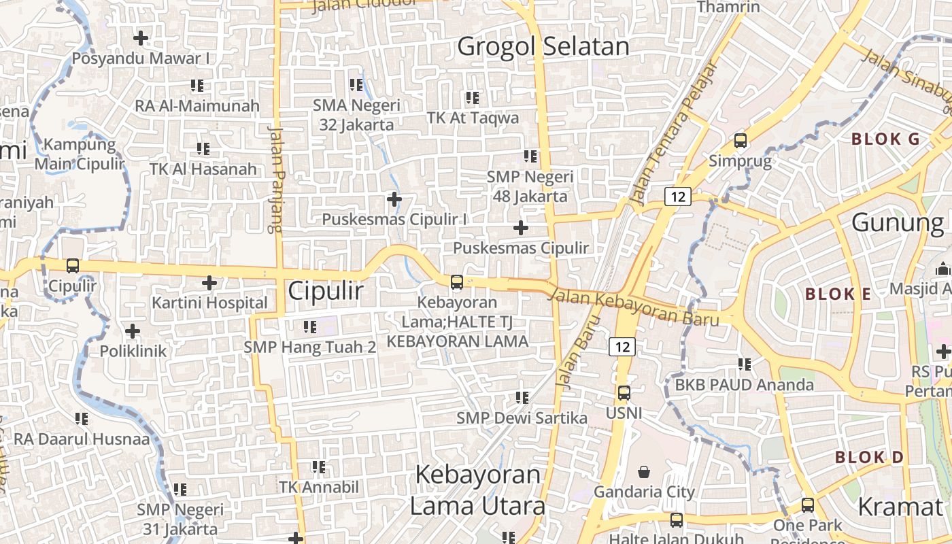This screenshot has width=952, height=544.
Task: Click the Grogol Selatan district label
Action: tap(543, 46)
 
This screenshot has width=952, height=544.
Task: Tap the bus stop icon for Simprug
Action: tap(741, 141)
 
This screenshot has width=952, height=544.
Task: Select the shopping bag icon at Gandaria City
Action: tap(644, 471)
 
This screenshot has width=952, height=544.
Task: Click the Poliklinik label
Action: tap(133, 352)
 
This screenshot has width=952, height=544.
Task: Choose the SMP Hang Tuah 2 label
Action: tap(310, 347)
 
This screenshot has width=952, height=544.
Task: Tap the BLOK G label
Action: tap(885, 139)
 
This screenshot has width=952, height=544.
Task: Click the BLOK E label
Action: tap(838, 294)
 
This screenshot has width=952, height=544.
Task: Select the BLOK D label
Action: tap(869, 457)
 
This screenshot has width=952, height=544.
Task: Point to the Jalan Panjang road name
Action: tap(275, 179)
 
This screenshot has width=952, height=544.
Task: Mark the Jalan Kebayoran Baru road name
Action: tap(633, 307)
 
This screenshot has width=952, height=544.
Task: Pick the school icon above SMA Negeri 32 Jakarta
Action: tap(356, 85)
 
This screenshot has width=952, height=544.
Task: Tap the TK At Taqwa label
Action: tap(473, 118)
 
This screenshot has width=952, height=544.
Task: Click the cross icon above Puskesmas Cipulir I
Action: tap(394, 199)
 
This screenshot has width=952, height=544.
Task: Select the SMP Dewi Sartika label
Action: tap(522, 418)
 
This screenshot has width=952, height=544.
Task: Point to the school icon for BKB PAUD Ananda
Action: tap(745, 364)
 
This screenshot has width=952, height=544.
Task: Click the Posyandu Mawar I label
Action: tap(141, 58)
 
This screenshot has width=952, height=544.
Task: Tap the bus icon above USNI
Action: tap(624, 392)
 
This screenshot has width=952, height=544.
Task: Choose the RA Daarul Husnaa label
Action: tap(82, 439)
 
